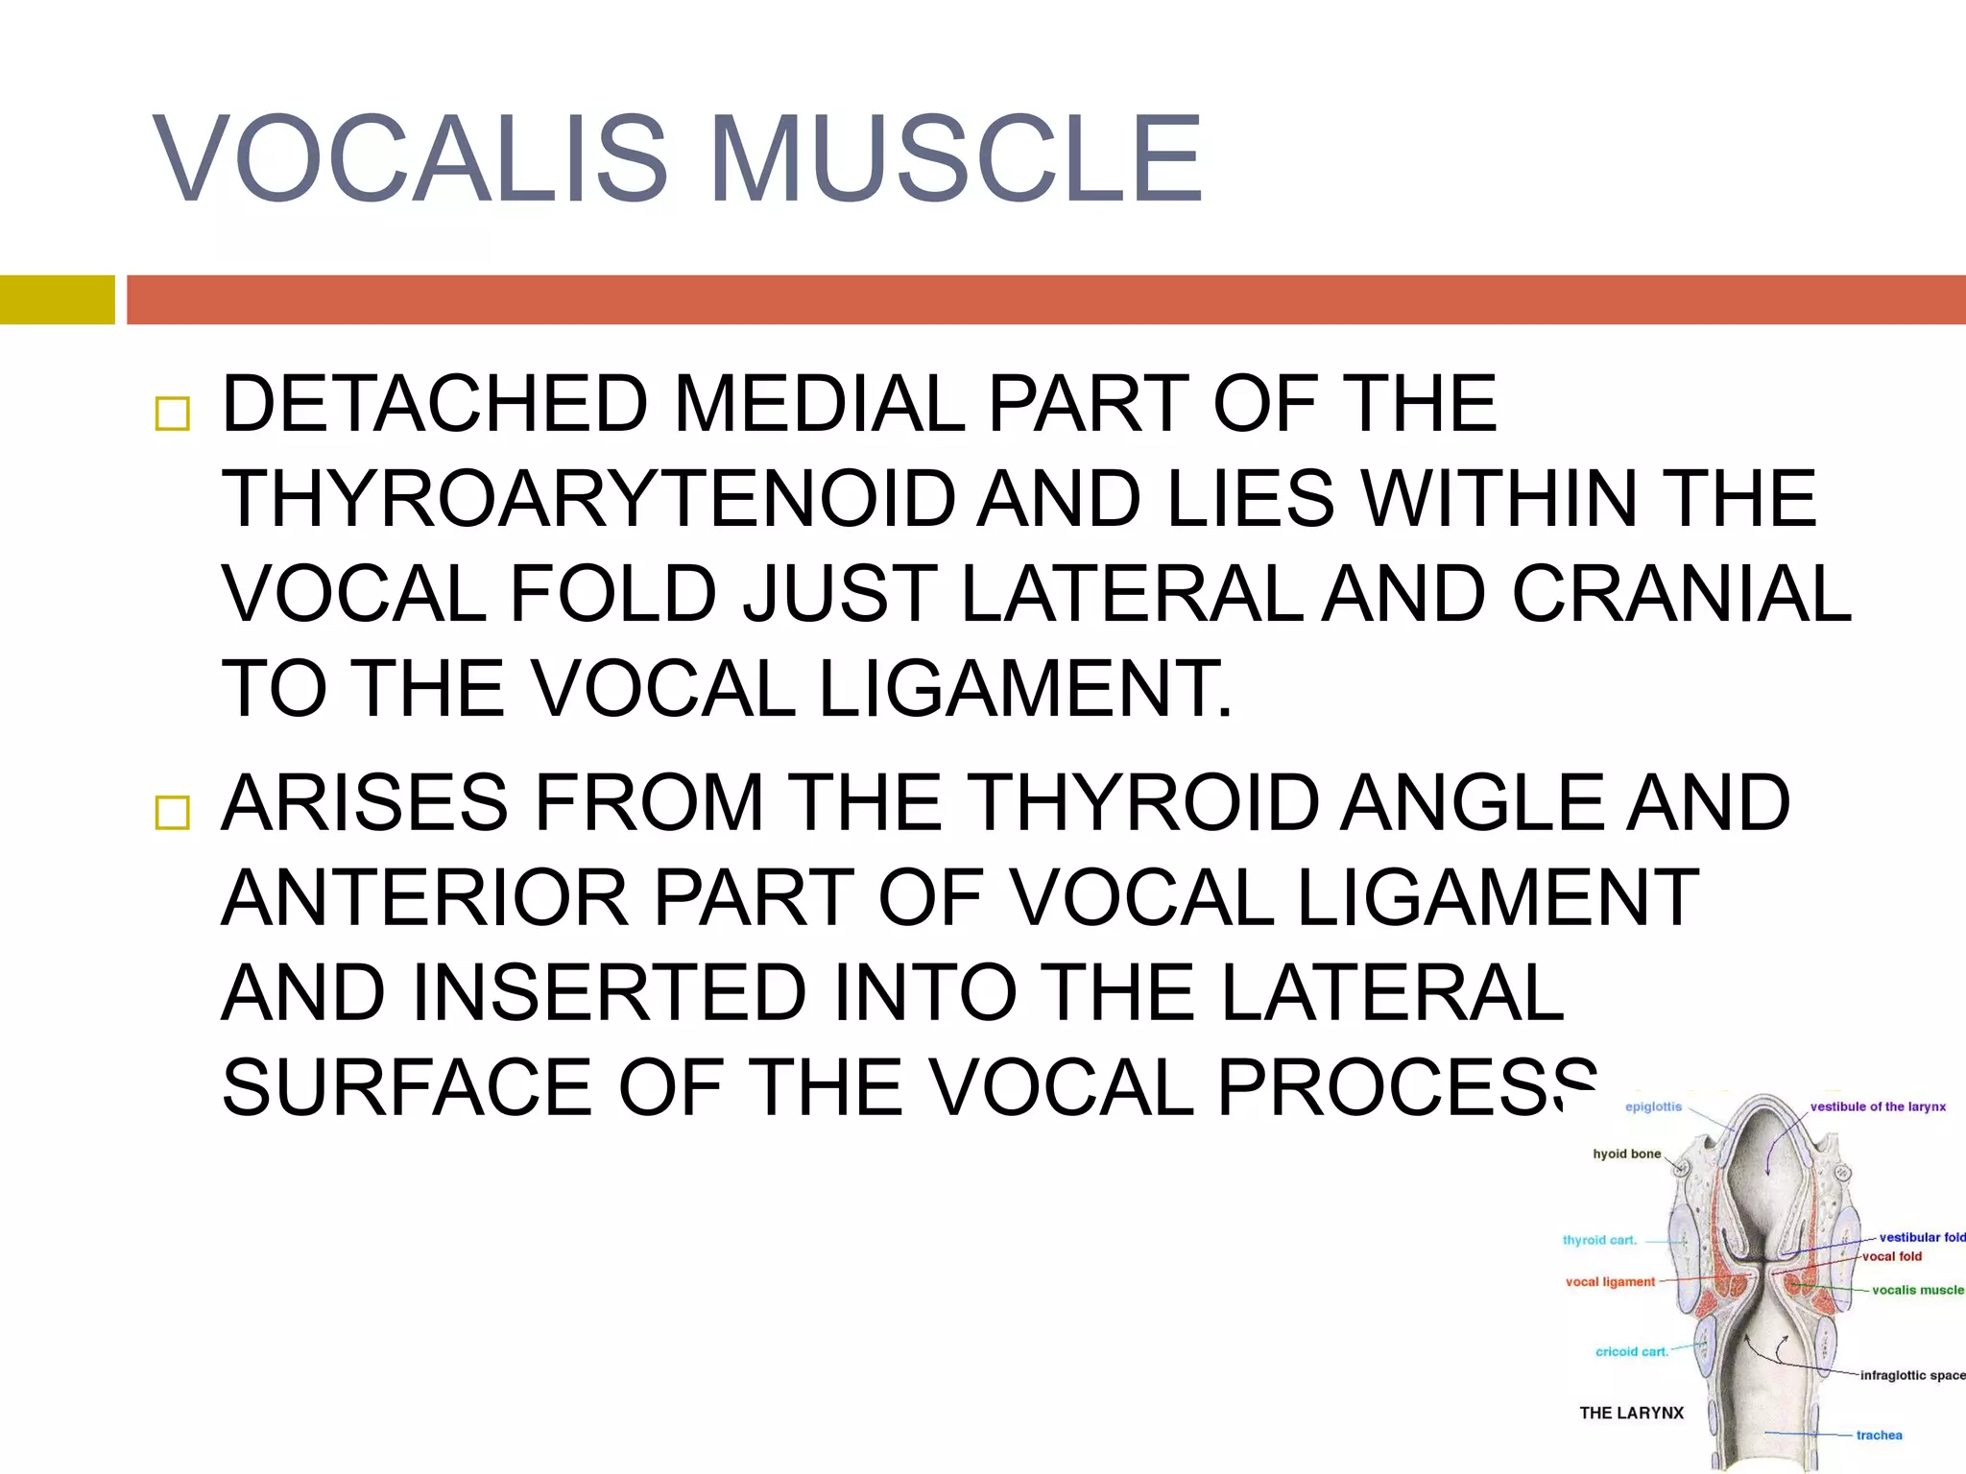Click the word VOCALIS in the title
coord(410,159)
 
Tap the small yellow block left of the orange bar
coord(57,299)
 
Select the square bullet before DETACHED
coord(173,414)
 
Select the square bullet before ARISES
coord(173,813)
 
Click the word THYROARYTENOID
coord(588,499)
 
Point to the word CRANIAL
coord(1681,594)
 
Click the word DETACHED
coord(435,404)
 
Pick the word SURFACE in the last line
coord(407,1087)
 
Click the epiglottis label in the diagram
coord(1653,1106)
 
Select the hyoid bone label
coord(1626,1153)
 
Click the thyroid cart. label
coord(1599,1240)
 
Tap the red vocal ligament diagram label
coord(1610,1282)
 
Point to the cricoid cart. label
coord(1632,1351)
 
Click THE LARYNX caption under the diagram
coord(1631,1413)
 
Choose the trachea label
coord(1879,1436)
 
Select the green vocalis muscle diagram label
coord(1917,1290)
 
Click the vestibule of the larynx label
coord(1878,1106)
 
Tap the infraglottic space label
coord(1911,1375)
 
